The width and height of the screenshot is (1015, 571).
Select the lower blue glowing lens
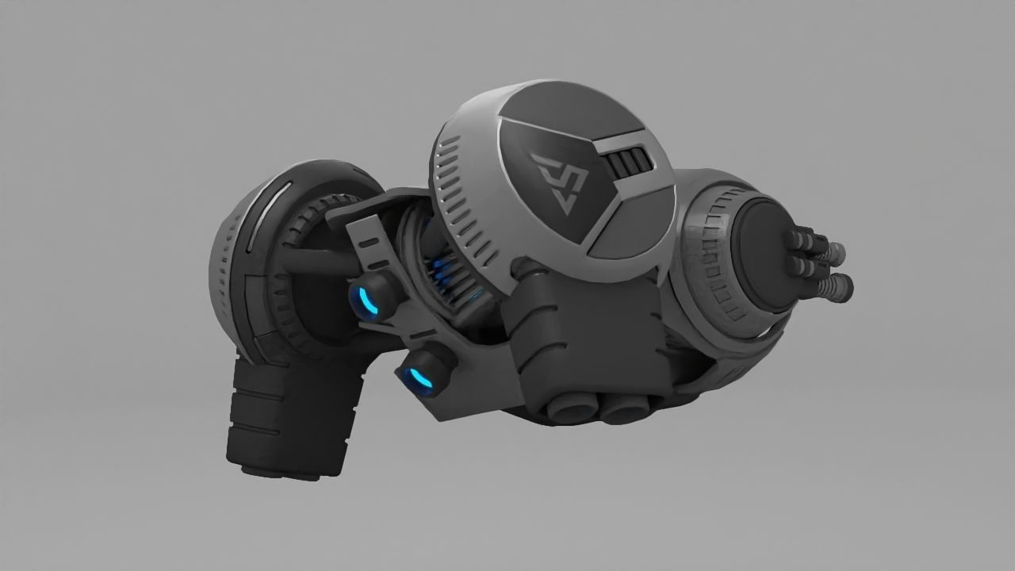[419, 381]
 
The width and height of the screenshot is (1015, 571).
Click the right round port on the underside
[624, 408]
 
